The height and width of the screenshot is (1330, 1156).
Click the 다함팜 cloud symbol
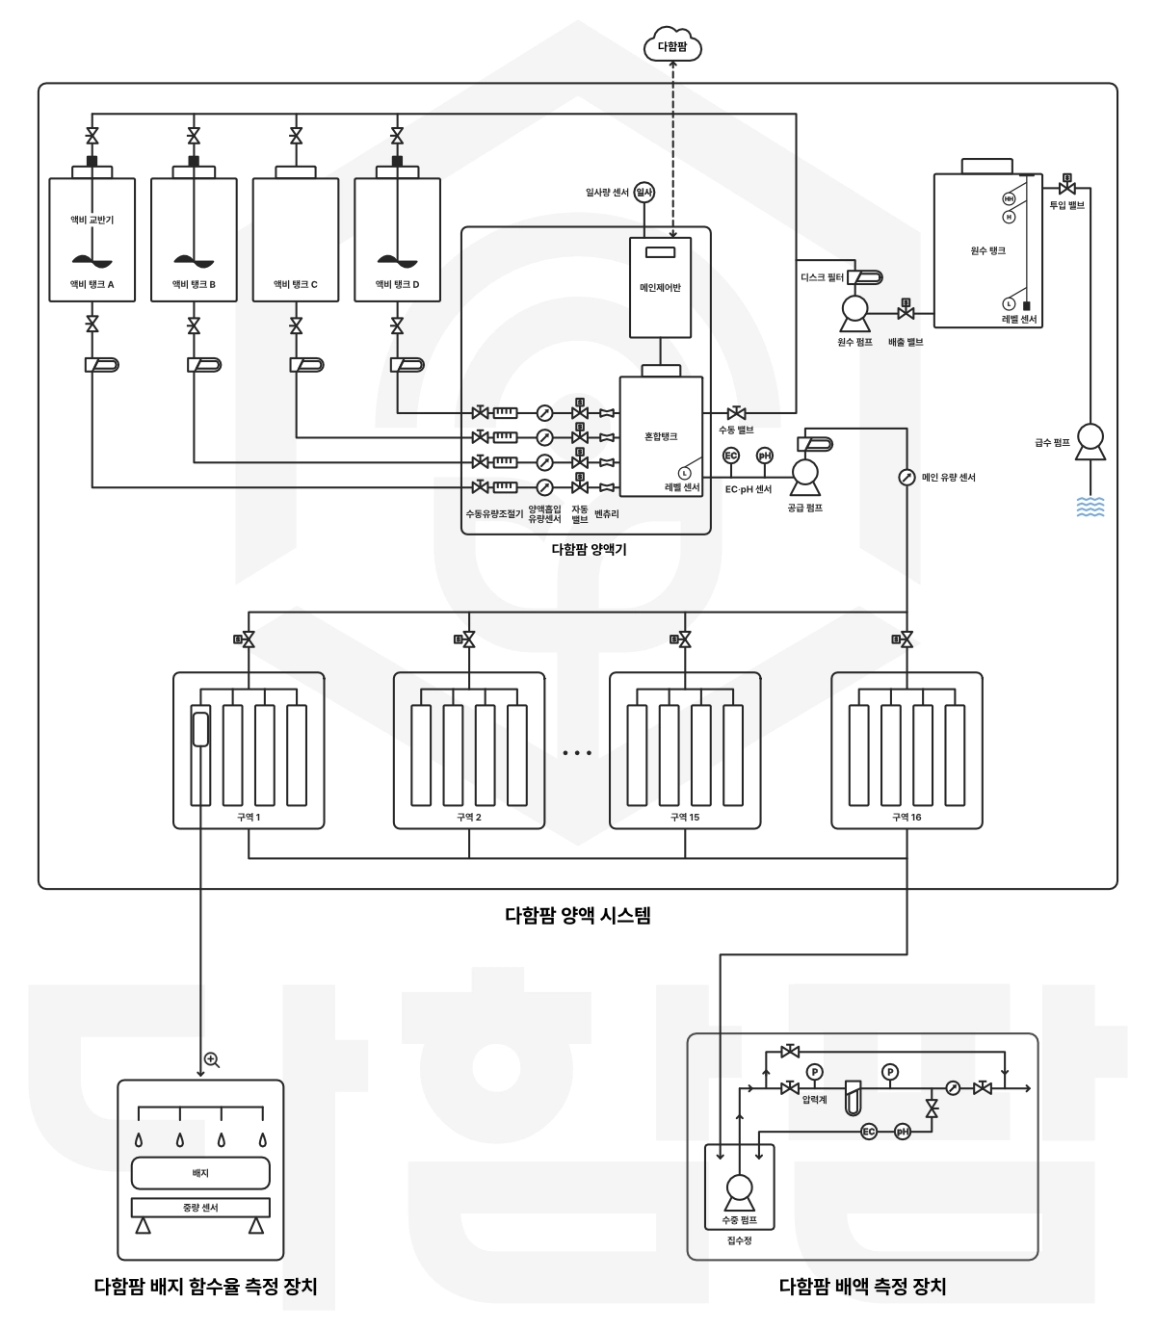(672, 44)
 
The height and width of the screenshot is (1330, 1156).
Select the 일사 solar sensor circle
(644, 192)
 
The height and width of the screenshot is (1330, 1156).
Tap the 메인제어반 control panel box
(660, 287)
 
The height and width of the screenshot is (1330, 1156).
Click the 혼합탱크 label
(661, 436)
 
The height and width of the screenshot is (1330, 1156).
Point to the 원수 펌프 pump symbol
(854, 313)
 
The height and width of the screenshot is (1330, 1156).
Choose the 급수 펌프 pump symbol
(1090, 441)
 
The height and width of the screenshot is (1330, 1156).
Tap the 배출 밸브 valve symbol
(906, 311)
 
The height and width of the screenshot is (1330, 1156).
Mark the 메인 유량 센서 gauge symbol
(906, 477)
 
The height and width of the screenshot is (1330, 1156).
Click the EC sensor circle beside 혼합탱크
(731, 455)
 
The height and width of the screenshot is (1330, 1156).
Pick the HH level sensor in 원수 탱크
(1009, 199)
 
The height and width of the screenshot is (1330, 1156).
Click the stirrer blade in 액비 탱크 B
(194, 261)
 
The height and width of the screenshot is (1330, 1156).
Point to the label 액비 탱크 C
(295, 284)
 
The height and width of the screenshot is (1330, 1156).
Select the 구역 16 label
(906, 817)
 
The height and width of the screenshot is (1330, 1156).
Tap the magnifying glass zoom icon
(212, 1060)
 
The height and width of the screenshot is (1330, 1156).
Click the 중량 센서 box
(200, 1207)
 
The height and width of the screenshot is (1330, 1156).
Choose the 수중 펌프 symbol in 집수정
(739, 1193)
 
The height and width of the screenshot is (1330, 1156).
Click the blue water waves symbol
(1090, 507)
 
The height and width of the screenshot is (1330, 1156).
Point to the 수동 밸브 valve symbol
(736, 413)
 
